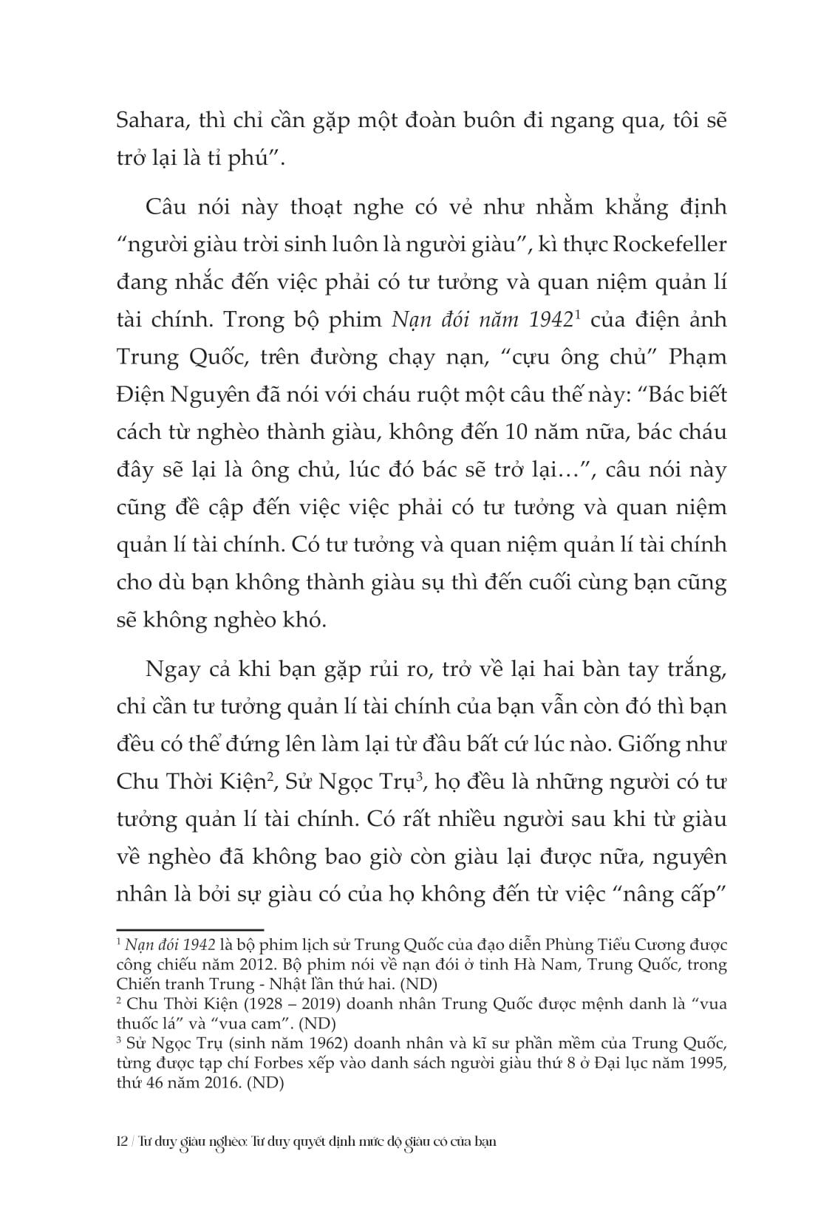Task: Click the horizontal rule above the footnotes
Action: [190, 929]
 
